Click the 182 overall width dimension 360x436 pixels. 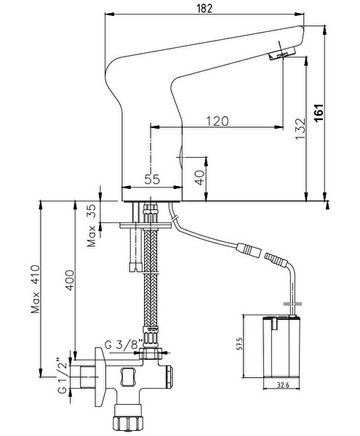[x=204, y=9]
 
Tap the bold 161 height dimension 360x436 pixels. [x=319, y=113]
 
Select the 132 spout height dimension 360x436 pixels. [x=300, y=129]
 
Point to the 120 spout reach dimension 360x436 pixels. [x=217, y=121]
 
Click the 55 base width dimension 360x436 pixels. [x=152, y=179]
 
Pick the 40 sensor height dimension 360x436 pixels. [x=199, y=178]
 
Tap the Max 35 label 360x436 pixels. [x=91, y=225]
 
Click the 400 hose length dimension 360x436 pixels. [x=70, y=280]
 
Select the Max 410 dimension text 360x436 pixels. [x=36, y=289]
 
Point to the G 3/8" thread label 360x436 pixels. [x=124, y=344]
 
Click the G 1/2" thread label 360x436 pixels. [x=63, y=375]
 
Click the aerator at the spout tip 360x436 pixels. [x=281, y=53]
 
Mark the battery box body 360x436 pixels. [x=281, y=347]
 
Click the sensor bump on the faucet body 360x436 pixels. [x=180, y=158]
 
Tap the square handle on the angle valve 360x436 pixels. [x=128, y=376]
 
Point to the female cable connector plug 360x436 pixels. [x=249, y=248]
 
